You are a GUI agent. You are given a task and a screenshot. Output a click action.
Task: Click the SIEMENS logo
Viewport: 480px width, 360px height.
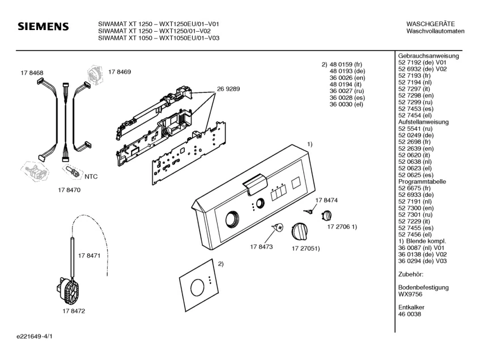click(43, 27)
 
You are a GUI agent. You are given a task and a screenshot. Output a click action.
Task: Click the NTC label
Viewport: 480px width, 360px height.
click(91, 177)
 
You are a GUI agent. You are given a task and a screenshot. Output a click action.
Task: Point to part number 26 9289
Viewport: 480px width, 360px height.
click(228, 89)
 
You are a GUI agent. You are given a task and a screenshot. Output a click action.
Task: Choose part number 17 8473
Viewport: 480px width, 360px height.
click(261, 247)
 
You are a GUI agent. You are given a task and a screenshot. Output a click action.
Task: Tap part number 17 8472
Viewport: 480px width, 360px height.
click(74, 311)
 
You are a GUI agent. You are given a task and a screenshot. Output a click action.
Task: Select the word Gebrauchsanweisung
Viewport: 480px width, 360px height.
click(428, 56)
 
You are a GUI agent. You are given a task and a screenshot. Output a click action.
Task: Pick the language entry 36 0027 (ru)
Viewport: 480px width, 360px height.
click(346, 90)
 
